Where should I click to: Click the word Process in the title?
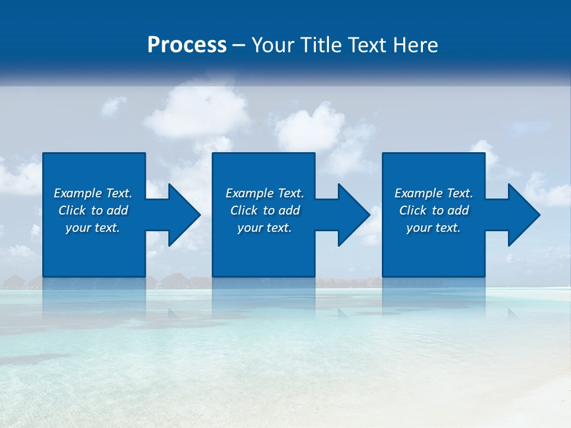coord(187,45)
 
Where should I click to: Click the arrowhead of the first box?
coord(184,215)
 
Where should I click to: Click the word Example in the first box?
coord(77,193)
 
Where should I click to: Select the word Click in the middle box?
coord(244,210)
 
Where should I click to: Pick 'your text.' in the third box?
coord(433,228)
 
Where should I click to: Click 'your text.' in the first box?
coord(93,228)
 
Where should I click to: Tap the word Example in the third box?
coord(418,193)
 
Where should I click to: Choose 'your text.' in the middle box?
coord(264,228)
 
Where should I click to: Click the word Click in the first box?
coord(72,210)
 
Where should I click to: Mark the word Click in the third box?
coord(413,210)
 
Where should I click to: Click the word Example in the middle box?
coord(249,193)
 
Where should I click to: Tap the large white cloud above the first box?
coord(196,113)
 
